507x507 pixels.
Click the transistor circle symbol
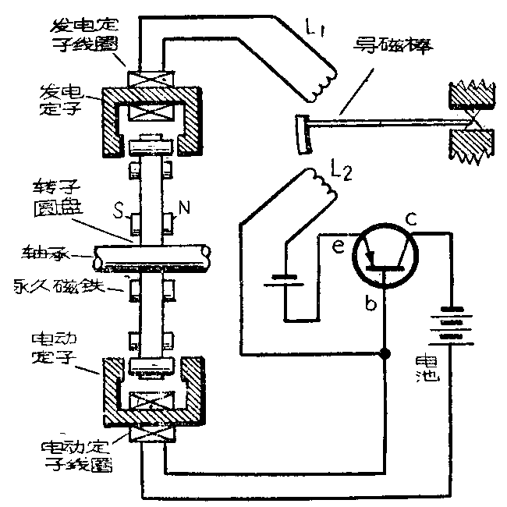point(382,258)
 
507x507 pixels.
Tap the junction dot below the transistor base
point(384,355)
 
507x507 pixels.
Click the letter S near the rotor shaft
point(119,211)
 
